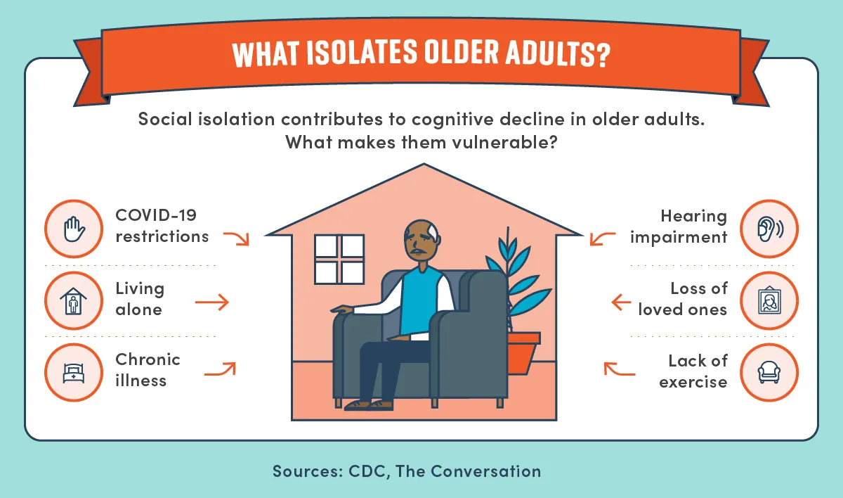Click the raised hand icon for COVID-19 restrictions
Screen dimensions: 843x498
point(74,229)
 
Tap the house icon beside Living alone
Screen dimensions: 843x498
point(73,301)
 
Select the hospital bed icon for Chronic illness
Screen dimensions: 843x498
point(74,373)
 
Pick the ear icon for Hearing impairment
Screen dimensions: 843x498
point(770,229)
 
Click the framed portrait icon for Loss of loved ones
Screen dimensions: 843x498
point(770,300)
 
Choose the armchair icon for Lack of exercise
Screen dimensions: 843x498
point(769,372)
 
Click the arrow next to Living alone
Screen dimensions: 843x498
point(212,302)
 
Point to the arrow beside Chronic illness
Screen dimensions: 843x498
point(220,369)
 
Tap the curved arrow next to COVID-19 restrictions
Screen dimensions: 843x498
point(237,238)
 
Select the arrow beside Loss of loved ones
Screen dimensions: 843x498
point(621,302)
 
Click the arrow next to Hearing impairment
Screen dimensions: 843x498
point(602,238)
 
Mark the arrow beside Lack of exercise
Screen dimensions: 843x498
point(619,369)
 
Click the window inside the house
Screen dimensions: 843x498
point(339,259)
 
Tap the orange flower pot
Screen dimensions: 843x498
point(523,353)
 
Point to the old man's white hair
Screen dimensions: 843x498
point(433,232)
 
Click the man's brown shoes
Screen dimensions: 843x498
point(369,405)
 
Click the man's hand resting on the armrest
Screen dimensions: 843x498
point(342,309)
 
